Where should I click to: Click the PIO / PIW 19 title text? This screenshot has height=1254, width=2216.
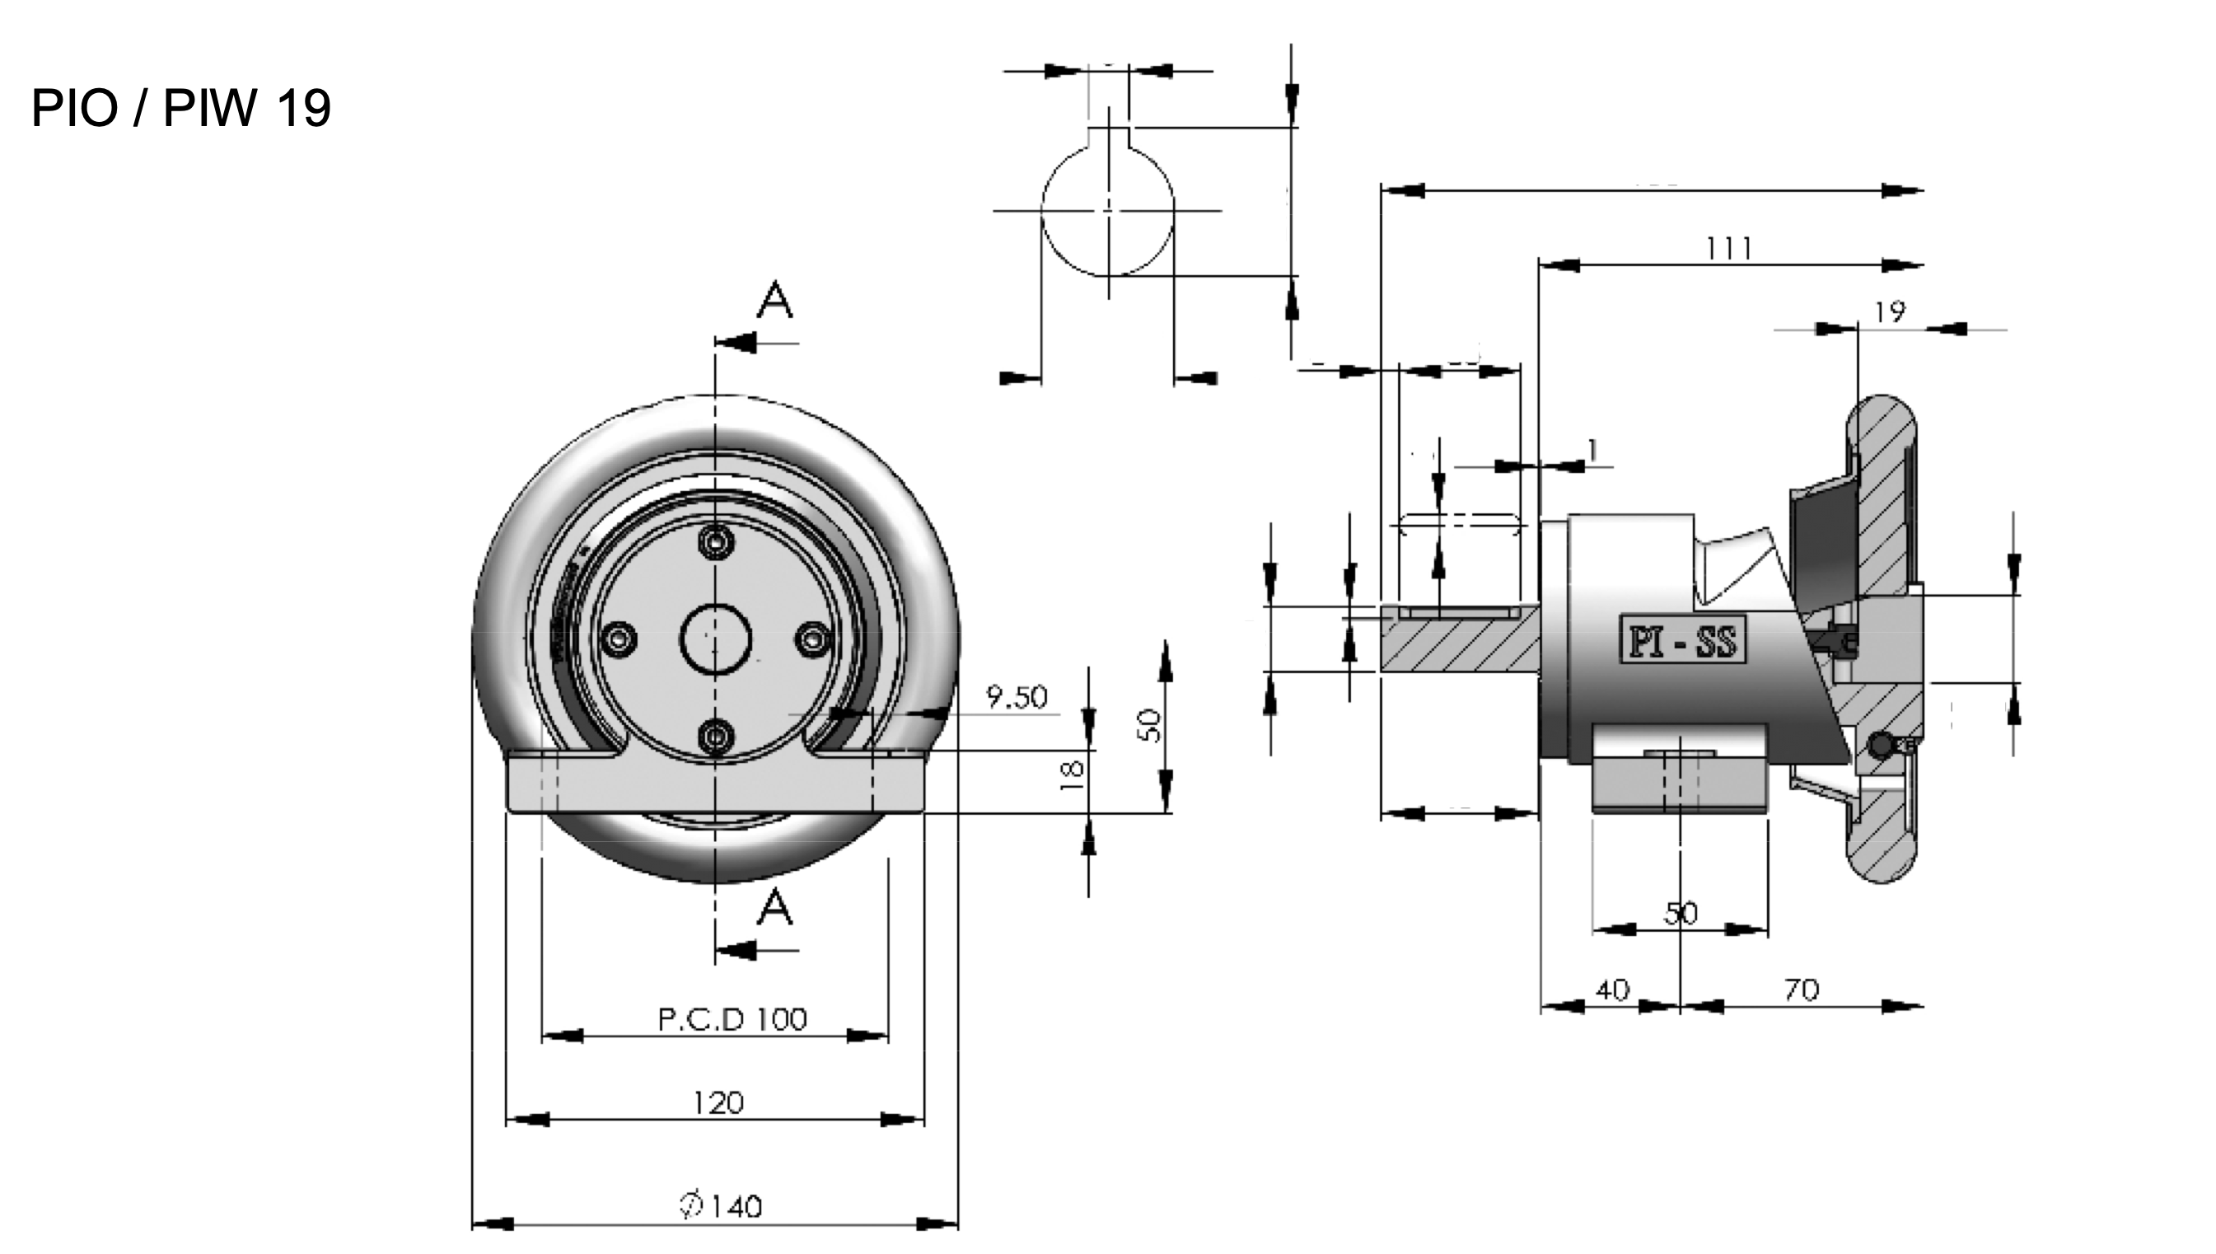tap(180, 109)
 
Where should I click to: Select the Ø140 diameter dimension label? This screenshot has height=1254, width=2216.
tap(722, 1205)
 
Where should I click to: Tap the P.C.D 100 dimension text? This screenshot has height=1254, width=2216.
tap(732, 1020)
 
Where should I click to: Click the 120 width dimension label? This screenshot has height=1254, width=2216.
tap(718, 1103)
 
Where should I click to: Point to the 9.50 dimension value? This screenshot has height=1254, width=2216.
tap(1017, 697)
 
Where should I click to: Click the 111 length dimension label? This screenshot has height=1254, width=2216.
tap(1728, 249)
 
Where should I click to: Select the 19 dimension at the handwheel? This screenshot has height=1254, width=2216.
tap(1890, 311)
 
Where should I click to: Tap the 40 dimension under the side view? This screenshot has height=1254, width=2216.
tap(1612, 990)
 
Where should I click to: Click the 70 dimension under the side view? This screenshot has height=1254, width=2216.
tap(1801, 990)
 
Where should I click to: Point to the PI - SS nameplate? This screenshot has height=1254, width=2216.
tap(1682, 640)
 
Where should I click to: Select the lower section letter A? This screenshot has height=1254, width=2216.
tap(775, 908)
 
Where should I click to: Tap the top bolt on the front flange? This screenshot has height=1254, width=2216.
tap(715, 542)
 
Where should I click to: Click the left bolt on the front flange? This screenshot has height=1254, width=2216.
tap(619, 639)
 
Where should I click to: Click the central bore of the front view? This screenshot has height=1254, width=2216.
tap(715, 639)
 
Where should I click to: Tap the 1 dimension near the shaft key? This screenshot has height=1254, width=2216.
tap(1592, 450)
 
